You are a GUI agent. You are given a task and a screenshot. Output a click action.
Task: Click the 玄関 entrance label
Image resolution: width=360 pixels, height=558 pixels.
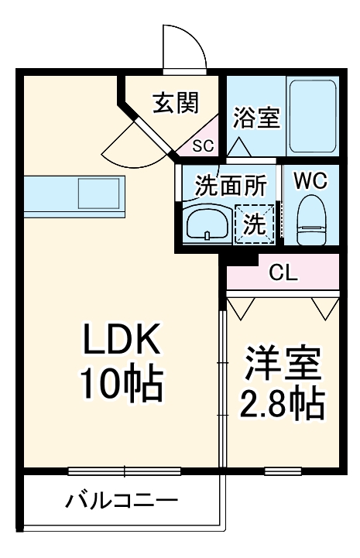click(x=176, y=102)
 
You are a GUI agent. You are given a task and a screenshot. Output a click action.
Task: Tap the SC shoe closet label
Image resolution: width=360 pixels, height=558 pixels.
click(x=202, y=145)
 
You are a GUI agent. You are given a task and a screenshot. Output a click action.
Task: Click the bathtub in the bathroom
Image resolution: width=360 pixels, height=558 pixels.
click(x=312, y=116)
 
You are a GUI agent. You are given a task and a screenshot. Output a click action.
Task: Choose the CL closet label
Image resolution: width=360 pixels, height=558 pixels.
click(x=283, y=272)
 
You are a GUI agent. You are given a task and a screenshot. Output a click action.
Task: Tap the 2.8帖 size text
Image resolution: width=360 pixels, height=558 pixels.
click(x=284, y=402)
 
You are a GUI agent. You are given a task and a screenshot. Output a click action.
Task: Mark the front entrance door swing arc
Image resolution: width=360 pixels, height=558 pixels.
click(x=184, y=48)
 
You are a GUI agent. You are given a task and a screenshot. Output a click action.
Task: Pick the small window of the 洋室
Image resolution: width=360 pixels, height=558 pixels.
click(x=282, y=471)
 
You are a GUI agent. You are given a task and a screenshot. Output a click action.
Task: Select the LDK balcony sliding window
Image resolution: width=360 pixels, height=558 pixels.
click(x=124, y=471)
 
